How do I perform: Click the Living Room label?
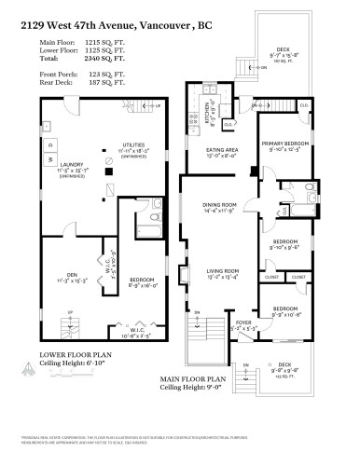tap(222, 272)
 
